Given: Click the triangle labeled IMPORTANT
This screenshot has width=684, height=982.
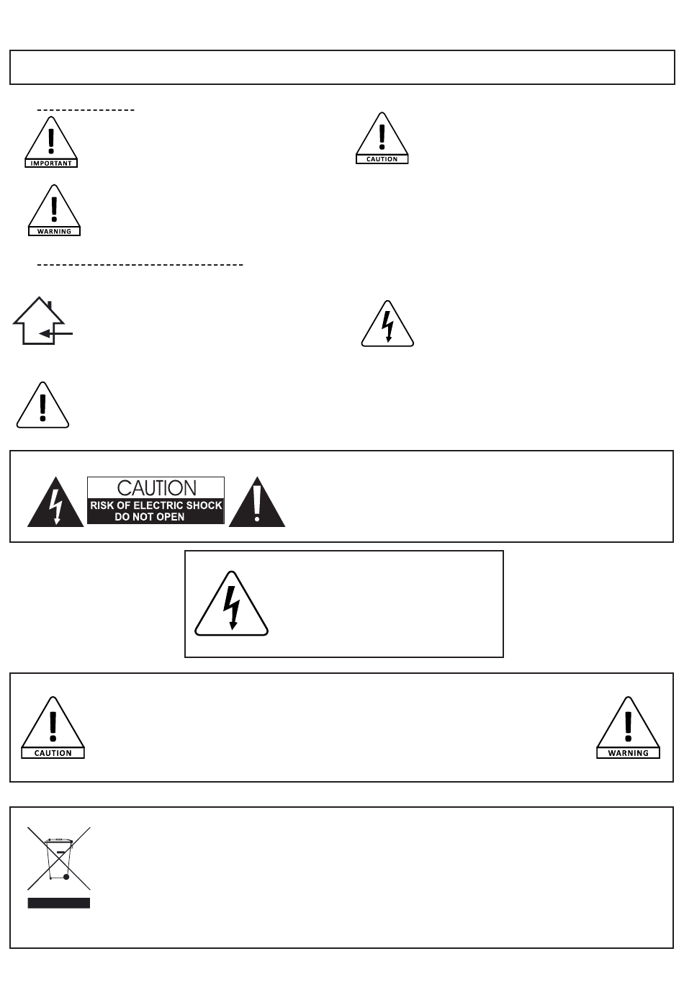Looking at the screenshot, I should coord(51,142).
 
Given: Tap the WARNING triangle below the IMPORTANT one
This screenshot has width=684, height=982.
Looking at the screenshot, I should coord(54,210).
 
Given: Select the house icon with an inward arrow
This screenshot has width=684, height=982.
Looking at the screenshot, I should coord(40,322).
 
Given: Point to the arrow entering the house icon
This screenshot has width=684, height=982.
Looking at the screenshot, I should coord(56,333).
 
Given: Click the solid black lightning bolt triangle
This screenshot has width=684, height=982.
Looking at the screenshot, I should coord(55,503).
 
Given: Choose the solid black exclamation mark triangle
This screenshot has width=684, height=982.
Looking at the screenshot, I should coord(257,503).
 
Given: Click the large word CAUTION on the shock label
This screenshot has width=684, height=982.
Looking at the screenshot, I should coord(156,488).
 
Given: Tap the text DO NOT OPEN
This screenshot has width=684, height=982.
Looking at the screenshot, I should coord(150,517).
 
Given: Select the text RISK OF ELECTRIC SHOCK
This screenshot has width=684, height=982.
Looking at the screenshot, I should coord(156,505).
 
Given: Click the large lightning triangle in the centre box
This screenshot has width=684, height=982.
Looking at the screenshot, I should coord(232,605).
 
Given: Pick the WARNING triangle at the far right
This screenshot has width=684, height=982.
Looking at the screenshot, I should coord(628,729).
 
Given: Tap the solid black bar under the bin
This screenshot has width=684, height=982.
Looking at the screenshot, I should coord(59,903).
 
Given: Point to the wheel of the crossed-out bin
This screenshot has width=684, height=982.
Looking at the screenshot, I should coord(66,877).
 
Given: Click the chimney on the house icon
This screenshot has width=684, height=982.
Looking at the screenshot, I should coord(50,306).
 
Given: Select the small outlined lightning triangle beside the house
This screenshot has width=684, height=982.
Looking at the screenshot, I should coord(387,326).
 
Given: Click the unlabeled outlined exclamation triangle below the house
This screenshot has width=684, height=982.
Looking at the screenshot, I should coord(43,407).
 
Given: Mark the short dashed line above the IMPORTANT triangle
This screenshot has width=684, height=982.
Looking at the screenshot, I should coord(86,110).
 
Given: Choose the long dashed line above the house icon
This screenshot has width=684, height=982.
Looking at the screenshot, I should coord(140,265).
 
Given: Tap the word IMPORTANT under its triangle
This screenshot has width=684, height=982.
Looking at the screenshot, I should coord(51,163).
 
